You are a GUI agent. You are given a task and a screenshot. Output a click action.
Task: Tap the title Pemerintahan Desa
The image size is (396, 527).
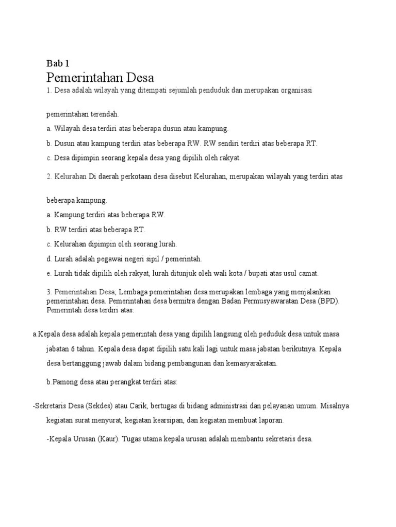(x=100, y=78)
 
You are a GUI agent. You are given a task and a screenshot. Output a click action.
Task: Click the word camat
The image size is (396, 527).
(x=309, y=273)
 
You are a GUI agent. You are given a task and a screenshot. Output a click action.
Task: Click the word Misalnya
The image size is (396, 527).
(x=334, y=406)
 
